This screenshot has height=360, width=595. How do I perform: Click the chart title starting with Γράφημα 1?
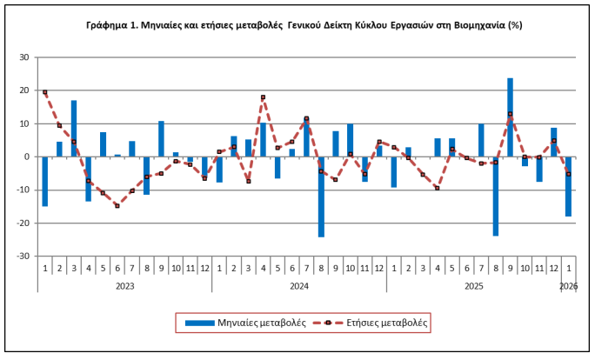pyautogui.click(x=297, y=25)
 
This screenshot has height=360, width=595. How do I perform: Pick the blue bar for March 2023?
pyautogui.click(x=74, y=129)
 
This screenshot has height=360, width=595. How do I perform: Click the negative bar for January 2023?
pyautogui.click(x=44, y=182)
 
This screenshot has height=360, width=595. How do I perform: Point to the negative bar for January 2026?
pyautogui.click(x=568, y=186)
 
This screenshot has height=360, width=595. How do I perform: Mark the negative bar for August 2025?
pyautogui.click(x=495, y=196)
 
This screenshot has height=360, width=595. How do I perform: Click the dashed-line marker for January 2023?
pyautogui.click(x=44, y=92)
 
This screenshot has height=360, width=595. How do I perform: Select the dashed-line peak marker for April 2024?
pyautogui.click(x=263, y=97)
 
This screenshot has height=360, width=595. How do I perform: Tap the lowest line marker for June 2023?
pyautogui.click(x=117, y=206)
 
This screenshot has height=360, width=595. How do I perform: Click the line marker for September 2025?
pyautogui.click(x=510, y=114)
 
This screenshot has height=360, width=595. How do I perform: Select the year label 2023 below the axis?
pyautogui.click(x=124, y=285)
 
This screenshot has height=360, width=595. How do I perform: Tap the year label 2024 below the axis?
pyautogui.click(x=299, y=285)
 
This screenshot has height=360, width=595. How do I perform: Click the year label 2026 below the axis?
pyautogui.click(x=568, y=285)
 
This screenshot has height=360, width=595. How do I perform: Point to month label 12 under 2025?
pyautogui.click(x=553, y=270)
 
